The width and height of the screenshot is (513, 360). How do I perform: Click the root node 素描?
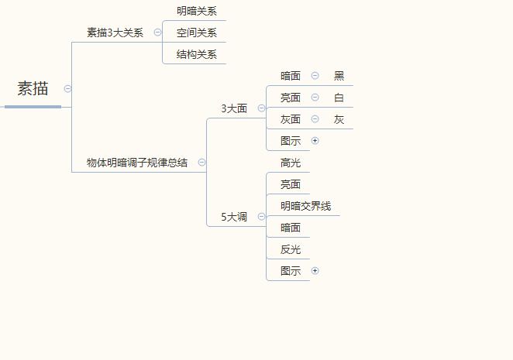click(x=33, y=89)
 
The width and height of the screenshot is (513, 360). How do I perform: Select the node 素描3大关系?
click(x=115, y=33)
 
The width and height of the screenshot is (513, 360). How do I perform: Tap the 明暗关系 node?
click(x=196, y=11)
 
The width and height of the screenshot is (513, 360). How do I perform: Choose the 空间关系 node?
click(x=196, y=33)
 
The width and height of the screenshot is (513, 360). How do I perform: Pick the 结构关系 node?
click(x=196, y=54)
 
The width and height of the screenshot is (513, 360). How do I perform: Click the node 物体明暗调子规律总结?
click(x=136, y=163)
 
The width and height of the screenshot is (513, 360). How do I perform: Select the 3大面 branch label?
click(x=234, y=108)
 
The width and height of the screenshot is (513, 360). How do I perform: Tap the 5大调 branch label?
click(x=234, y=217)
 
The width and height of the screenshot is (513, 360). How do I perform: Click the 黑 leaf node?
click(x=339, y=76)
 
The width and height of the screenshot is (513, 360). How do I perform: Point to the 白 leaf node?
click(x=339, y=98)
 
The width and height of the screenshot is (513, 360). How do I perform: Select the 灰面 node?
click(x=291, y=119)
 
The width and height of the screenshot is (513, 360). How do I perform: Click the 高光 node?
click(x=291, y=163)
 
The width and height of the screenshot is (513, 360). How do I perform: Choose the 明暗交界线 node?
click(x=305, y=206)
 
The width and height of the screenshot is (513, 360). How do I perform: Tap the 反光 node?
click(x=291, y=249)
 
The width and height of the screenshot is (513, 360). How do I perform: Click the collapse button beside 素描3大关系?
click(x=158, y=33)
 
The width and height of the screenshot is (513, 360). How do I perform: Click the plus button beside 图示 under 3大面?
click(x=315, y=141)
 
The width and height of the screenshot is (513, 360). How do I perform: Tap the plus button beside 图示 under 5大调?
click(x=315, y=271)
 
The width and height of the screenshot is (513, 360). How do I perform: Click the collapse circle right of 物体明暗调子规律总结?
click(x=202, y=163)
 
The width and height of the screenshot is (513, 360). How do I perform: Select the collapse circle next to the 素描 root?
click(x=68, y=89)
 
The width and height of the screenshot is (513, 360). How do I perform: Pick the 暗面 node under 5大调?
click(x=291, y=228)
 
